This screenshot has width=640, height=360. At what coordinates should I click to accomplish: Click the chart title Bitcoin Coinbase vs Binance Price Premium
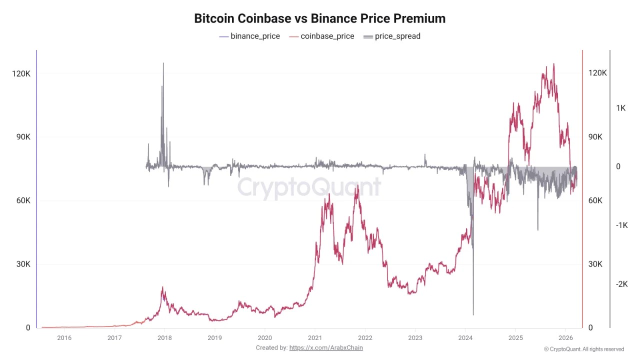coord(319,18)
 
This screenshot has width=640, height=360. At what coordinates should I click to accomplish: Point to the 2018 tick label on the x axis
coord(164,337)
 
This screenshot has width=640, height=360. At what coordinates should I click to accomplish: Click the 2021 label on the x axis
coord(315,337)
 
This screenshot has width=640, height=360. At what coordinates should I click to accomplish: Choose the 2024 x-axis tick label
coord(465,337)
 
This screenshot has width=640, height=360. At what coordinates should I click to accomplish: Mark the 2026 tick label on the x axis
coord(565,337)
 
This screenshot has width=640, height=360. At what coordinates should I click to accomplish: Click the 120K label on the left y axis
coord(21,73)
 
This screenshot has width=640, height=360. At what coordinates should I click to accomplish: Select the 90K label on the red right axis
coord(597,137)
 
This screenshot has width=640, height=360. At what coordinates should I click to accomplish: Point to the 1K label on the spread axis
coord(621,108)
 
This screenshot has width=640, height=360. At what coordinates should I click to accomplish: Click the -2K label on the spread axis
coord(621,284)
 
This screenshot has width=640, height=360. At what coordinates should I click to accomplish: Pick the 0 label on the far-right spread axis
coord(618,166)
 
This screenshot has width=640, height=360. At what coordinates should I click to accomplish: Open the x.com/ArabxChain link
coord(326,347)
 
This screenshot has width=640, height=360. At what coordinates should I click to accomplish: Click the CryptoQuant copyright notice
coord(584,349)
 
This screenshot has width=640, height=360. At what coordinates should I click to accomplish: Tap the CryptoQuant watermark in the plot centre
coord(309,187)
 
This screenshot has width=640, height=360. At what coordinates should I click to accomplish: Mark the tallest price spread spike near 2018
coord(163,63)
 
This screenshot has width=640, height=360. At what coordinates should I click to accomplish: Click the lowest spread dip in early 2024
coord(473,314)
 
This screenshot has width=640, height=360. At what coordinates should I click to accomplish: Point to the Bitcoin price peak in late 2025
coord(553,64)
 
